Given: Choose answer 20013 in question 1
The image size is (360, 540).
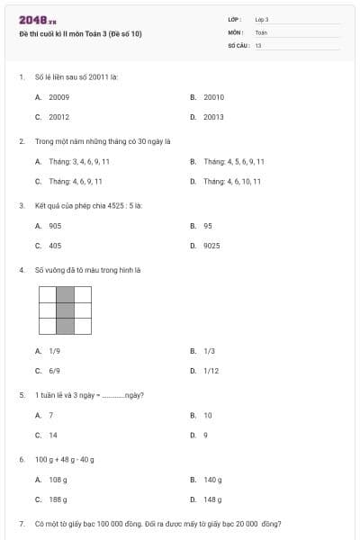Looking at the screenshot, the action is [x=213, y=117].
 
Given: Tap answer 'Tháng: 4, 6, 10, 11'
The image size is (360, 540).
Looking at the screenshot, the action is [x=232, y=181].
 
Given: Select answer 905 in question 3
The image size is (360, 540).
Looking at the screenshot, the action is [x=55, y=226].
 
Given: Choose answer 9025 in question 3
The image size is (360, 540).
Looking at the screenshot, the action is [x=211, y=246].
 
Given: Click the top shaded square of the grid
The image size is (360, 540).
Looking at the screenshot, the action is [x=65, y=294].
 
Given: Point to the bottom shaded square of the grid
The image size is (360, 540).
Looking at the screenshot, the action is [x=65, y=327].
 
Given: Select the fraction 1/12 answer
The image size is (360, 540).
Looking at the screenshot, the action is [x=211, y=370].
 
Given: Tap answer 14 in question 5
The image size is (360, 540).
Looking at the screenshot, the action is [x=51, y=435].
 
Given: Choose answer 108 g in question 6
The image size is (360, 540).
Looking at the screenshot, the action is [x=58, y=480].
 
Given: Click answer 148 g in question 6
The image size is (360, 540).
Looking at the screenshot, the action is [x=212, y=499].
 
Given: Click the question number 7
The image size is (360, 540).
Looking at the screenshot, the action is [x=21, y=523].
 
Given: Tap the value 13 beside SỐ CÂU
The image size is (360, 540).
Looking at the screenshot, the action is [x=258, y=44].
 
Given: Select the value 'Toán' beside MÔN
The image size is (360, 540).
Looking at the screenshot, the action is [x=261, y=31].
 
